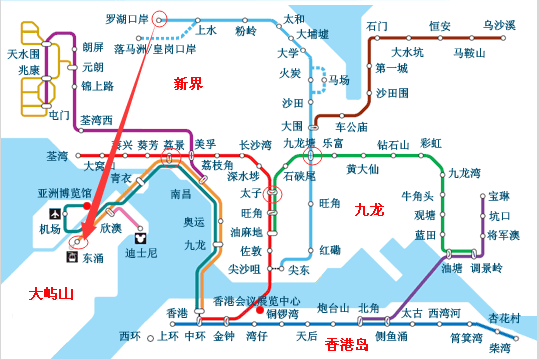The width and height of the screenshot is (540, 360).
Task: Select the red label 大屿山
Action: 51,293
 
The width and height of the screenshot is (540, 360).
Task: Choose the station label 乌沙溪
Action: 499,24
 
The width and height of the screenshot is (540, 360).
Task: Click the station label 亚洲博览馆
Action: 63,192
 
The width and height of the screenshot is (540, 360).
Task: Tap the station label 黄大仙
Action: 362,168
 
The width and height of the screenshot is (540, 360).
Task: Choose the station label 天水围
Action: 23,53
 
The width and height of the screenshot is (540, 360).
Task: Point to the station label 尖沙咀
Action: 244,269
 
